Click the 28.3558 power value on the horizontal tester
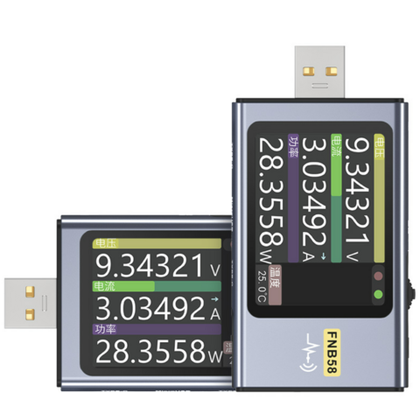[x=147, y=352]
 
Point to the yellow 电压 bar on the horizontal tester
[x=157, y=243]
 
